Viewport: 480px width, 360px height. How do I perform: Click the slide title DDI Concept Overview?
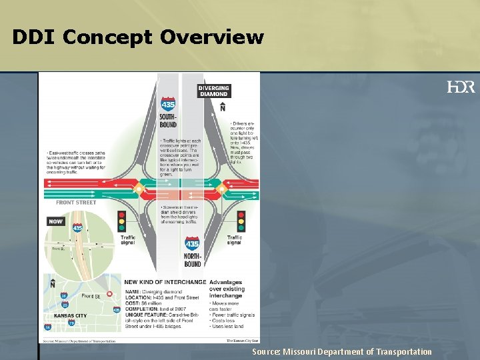coord(138,37)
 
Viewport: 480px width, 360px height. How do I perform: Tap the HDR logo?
coord(461,87)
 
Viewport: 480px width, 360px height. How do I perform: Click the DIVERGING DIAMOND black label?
coord(213,91)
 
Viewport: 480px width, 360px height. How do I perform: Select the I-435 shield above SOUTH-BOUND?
coord(168,105)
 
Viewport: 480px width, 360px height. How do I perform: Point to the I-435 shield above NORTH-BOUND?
coord(192,245)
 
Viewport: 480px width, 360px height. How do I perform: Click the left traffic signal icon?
coord(122,221)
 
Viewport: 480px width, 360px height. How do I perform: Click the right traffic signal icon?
coord(241,221)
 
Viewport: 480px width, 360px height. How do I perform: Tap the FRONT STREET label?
coord(75,203)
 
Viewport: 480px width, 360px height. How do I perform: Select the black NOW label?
coord(56,221)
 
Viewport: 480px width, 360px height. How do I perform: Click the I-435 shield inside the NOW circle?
coord(77,229)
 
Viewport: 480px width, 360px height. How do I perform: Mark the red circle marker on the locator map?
coord(109,293)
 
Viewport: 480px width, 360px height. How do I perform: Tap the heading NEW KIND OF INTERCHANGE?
coord(164,282)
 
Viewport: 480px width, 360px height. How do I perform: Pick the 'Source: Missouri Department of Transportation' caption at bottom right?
coord(341,351)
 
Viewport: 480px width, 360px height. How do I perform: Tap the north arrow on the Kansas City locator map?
coord(53,283)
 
